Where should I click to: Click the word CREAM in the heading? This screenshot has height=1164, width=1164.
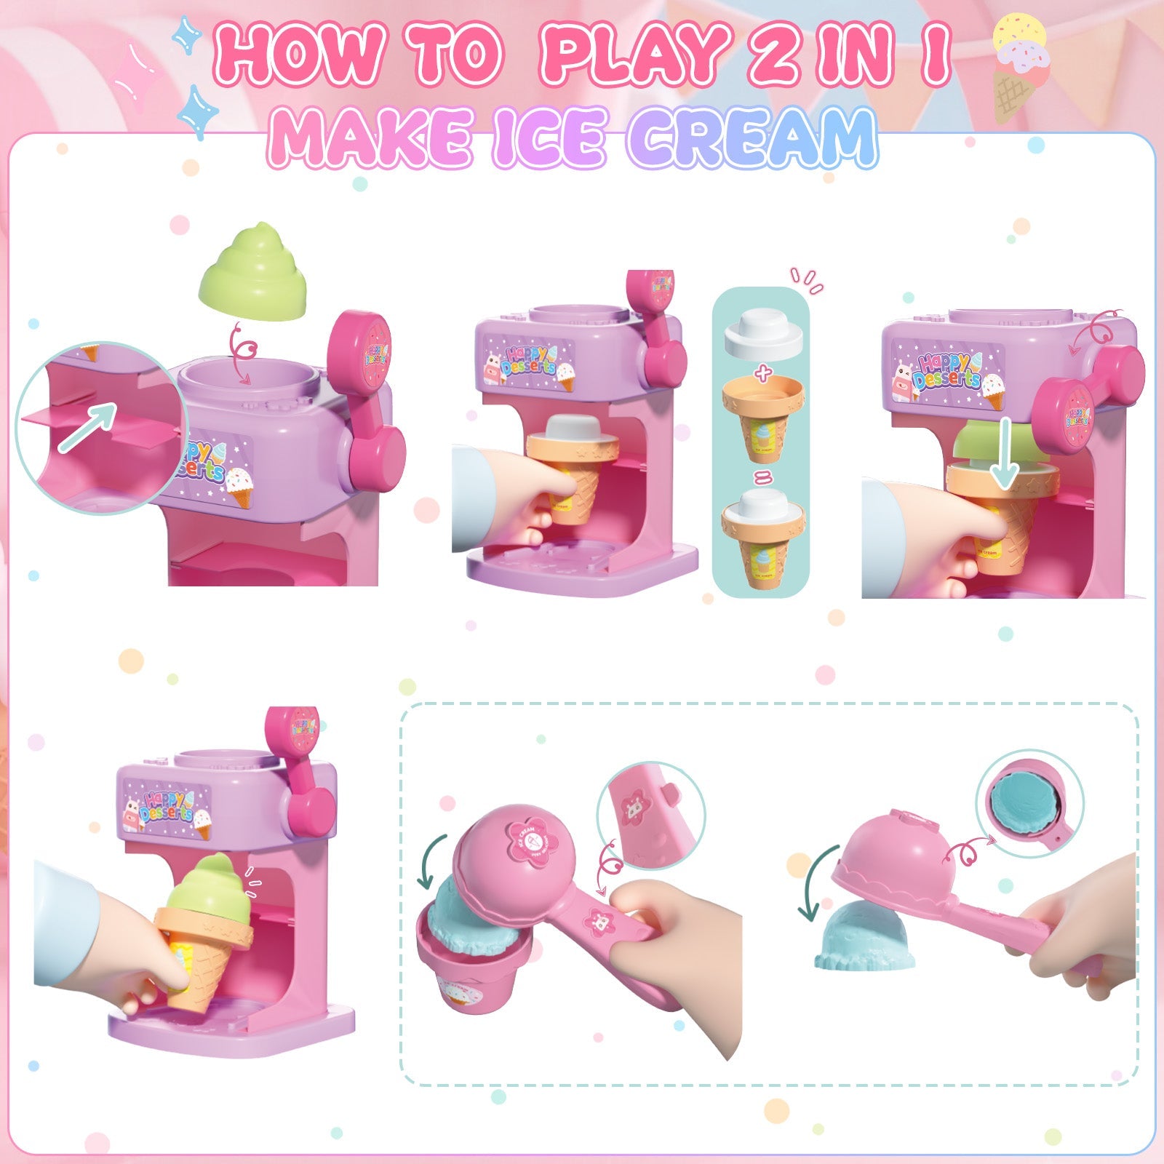pyautogui.click(x=752, y=137)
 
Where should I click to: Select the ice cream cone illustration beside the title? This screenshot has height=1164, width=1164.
pyautogui.click(x=1021, y=69)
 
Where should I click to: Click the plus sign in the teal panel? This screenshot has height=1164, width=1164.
pyautogui.click(x=762, y=375)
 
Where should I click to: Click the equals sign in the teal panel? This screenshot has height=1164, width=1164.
pyautogui.click(x=762, y=479)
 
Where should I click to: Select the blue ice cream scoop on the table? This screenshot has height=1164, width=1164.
pyautogui.click(x=865, y=938)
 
